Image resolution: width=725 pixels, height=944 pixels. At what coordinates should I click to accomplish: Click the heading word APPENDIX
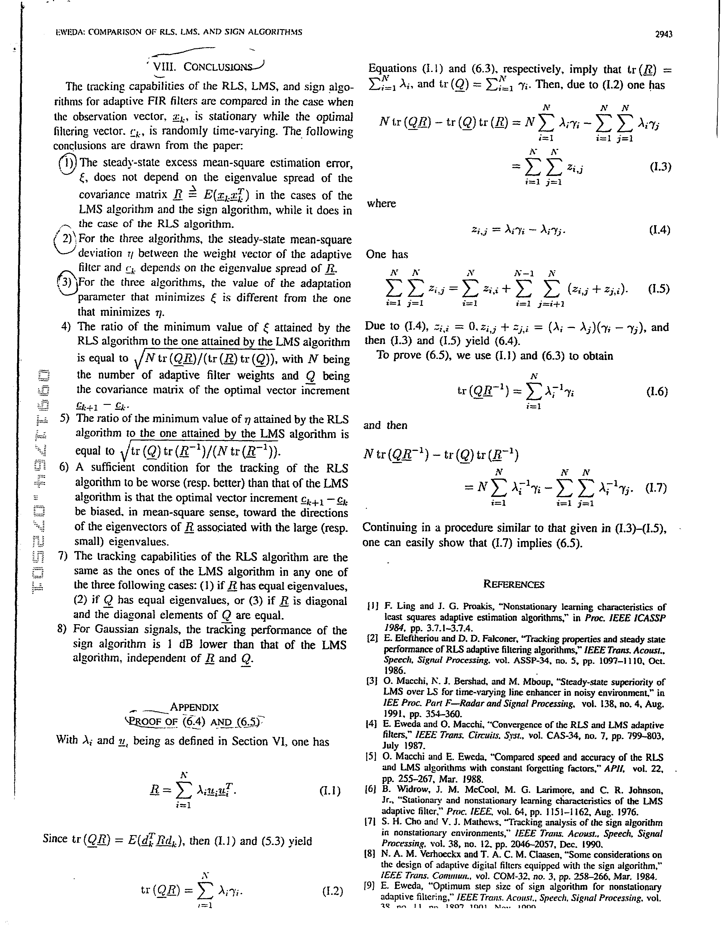[x=194, y=707]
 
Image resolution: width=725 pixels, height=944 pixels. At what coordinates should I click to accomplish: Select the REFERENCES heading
[x=514, y=585]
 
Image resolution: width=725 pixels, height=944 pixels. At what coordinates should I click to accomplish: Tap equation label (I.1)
[x=330, y=791]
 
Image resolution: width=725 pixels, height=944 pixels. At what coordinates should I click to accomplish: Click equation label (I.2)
[x=332, y=891]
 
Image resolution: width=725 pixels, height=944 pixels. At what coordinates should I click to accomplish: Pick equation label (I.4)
[x=659, y=230]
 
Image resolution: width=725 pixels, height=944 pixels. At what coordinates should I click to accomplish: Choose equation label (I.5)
[x=659, y=289]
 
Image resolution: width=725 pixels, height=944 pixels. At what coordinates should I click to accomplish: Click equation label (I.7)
[x=656, y=488]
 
